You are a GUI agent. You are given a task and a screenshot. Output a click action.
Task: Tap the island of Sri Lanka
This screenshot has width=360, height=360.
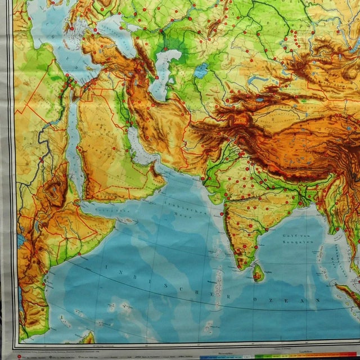258,273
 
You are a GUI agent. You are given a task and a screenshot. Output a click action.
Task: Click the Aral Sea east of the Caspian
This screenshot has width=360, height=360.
201,71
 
